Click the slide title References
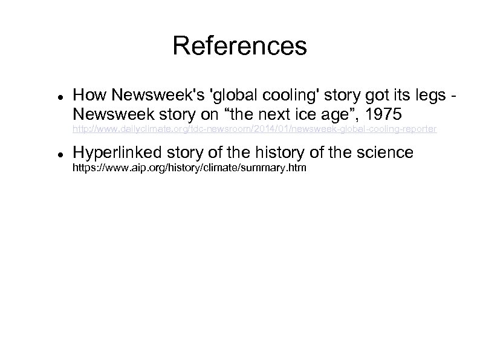tap(239, 46)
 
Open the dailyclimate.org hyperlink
tap(255, 129)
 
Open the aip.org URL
tap(189, 166)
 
